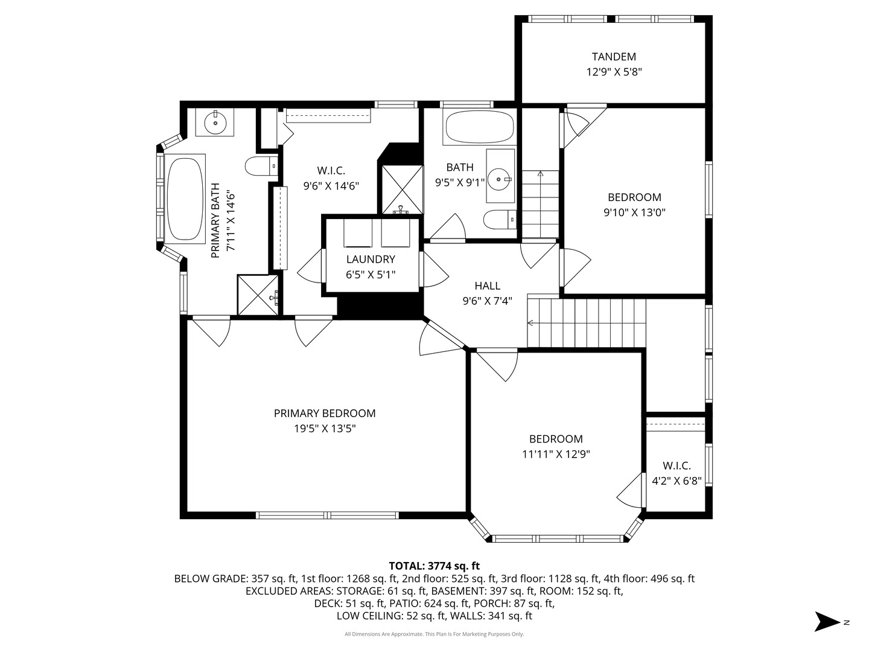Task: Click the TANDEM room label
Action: tap(614, 57)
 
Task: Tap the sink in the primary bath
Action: tap(215, 122)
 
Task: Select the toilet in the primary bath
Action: tap(261, 166)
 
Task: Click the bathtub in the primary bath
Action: tap(185, 199)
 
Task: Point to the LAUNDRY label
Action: tap(371, 260)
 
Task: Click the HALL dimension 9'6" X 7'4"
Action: tap(488, 301)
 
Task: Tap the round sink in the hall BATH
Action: tap(500, 179)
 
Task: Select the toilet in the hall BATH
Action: tap(500, 220)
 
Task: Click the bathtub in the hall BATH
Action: tap(479, 127)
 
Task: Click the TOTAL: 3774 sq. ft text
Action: tap(434, 566)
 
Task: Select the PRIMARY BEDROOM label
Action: tap(325, 414)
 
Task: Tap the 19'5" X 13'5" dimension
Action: tap(325, 429)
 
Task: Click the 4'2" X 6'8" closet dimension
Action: tap(676, 481)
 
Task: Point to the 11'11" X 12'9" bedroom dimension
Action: tap(556, 455)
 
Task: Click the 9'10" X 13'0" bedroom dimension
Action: tap(634, 213)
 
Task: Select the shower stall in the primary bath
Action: tap(258, 295)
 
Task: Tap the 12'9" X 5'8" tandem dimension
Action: tap(614, 72)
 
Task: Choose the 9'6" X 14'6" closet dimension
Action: tap(331, 186)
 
